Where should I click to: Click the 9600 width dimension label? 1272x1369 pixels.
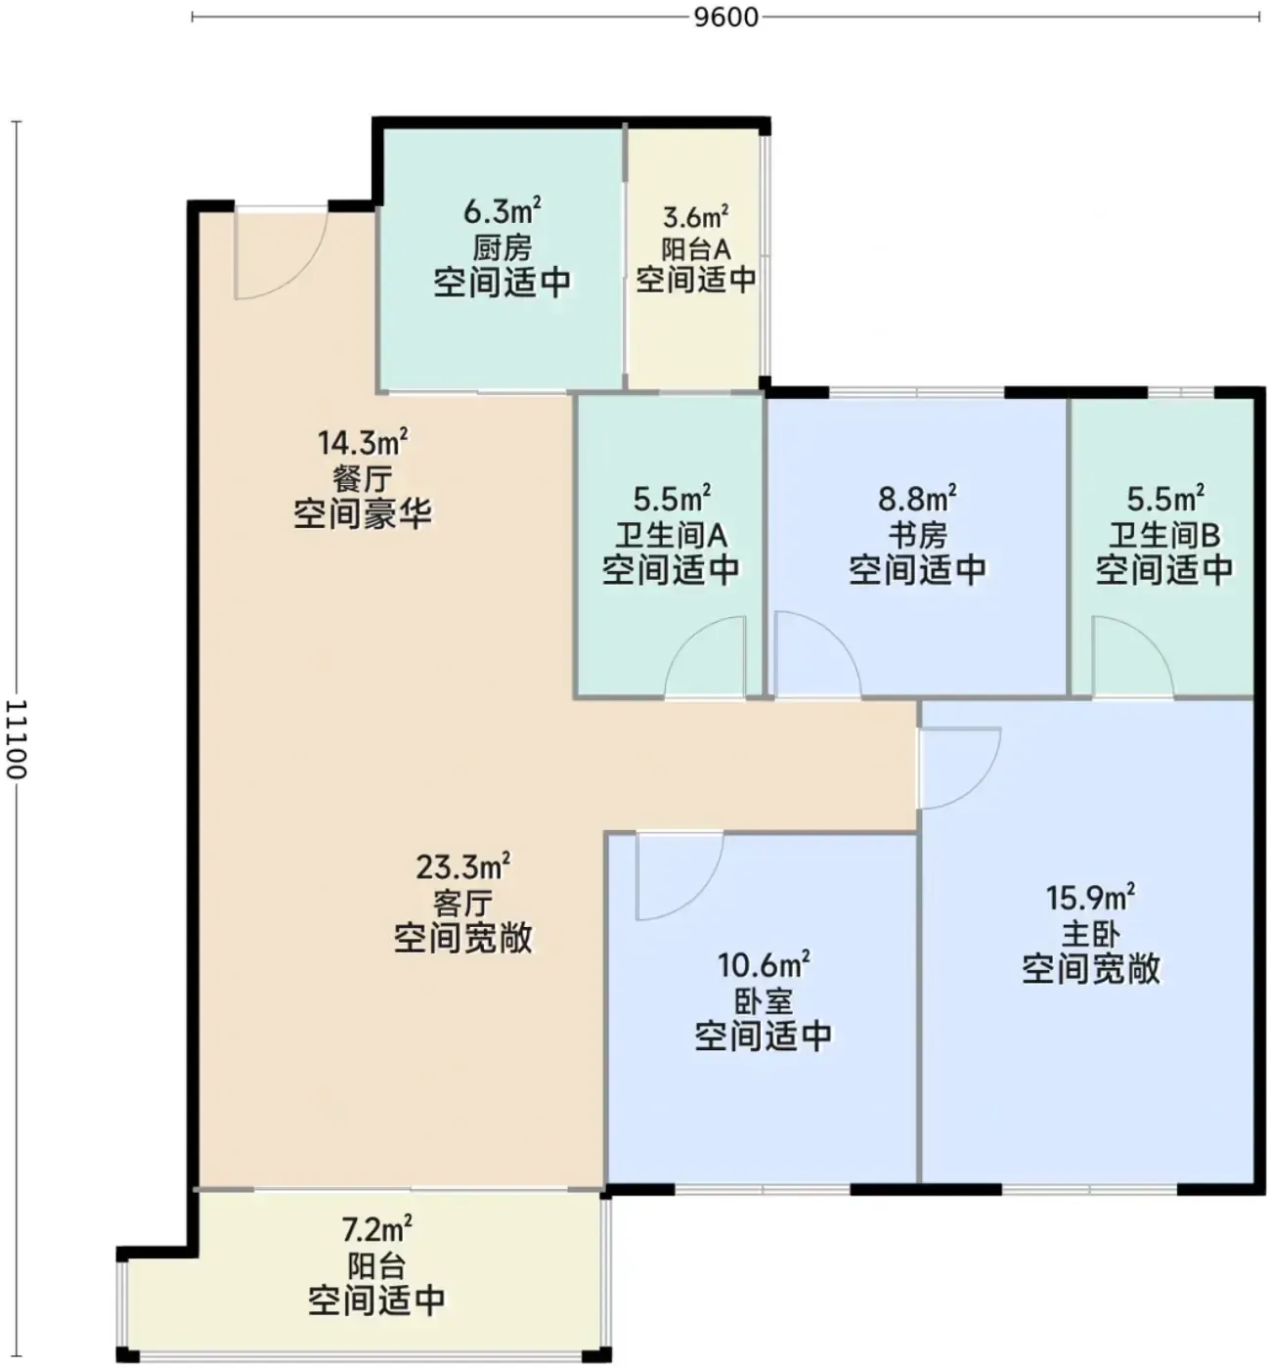tap(725, 18)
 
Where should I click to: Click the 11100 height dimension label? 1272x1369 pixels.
tap(16, 739)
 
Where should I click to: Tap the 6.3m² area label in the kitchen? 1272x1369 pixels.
tap(502, 211)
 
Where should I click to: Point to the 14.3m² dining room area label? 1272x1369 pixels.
tap(363, 442)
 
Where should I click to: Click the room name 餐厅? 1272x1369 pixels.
tap(363, 478)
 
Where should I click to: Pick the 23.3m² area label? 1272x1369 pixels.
tap(463, 866)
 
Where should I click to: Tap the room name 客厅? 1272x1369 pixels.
tap(463, 903)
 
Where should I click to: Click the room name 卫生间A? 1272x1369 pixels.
tap(672, 535)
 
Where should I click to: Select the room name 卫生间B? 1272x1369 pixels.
tap(1164, 535)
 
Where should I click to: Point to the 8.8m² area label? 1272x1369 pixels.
tap(917, 499)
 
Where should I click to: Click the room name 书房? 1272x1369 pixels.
tap(917, 535)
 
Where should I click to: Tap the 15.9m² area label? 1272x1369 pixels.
tap(1091, 898)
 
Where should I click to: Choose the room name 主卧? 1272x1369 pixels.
tap(1091, 934)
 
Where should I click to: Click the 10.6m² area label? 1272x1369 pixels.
tap(764, 965)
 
